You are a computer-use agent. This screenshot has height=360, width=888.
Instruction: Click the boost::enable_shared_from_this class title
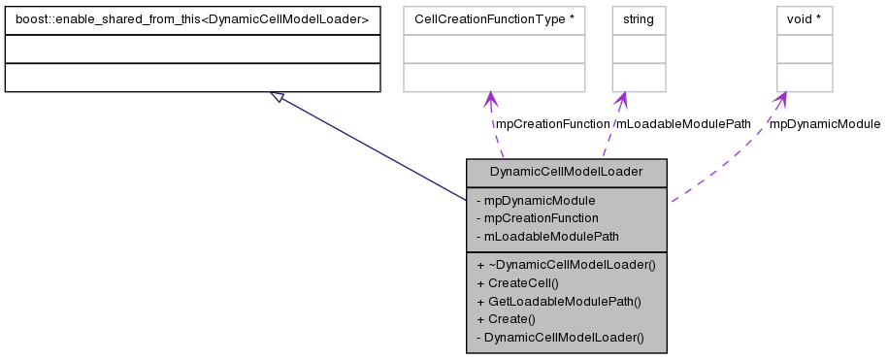(x=192, y=19)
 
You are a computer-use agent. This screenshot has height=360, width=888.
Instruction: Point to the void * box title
(x=805, y=19)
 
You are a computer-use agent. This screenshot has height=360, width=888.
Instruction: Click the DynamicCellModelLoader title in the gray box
(x=567, y=172)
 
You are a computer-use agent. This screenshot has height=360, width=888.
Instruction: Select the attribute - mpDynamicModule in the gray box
(x=537, y=200)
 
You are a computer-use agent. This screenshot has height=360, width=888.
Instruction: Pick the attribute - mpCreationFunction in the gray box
(x=538, y=217)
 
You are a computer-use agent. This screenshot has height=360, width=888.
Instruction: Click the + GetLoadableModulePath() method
(x=559, y=301)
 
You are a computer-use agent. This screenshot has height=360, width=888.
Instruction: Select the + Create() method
(x=507, y=318)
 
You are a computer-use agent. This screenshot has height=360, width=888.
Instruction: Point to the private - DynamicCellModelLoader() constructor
(x=560, y=337)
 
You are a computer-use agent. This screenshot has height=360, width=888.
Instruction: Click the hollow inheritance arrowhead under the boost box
(x=278, y=97)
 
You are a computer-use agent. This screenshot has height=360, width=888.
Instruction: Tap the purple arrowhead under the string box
(x=622, y=99)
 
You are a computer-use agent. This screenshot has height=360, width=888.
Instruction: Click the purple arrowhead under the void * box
(x=780, y=99)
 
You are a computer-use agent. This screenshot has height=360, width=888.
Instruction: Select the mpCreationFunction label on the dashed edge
(x=552, y=124)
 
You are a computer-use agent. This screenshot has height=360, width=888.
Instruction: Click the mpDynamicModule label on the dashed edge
(x=824, y=124)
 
